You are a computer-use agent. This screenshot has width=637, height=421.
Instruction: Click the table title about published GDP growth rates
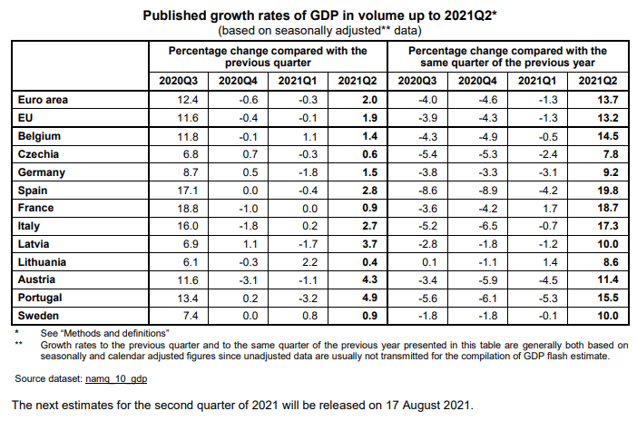319,16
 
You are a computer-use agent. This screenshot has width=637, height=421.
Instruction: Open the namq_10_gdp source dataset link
118,376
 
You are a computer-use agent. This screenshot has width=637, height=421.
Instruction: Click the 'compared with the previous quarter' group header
268,57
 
